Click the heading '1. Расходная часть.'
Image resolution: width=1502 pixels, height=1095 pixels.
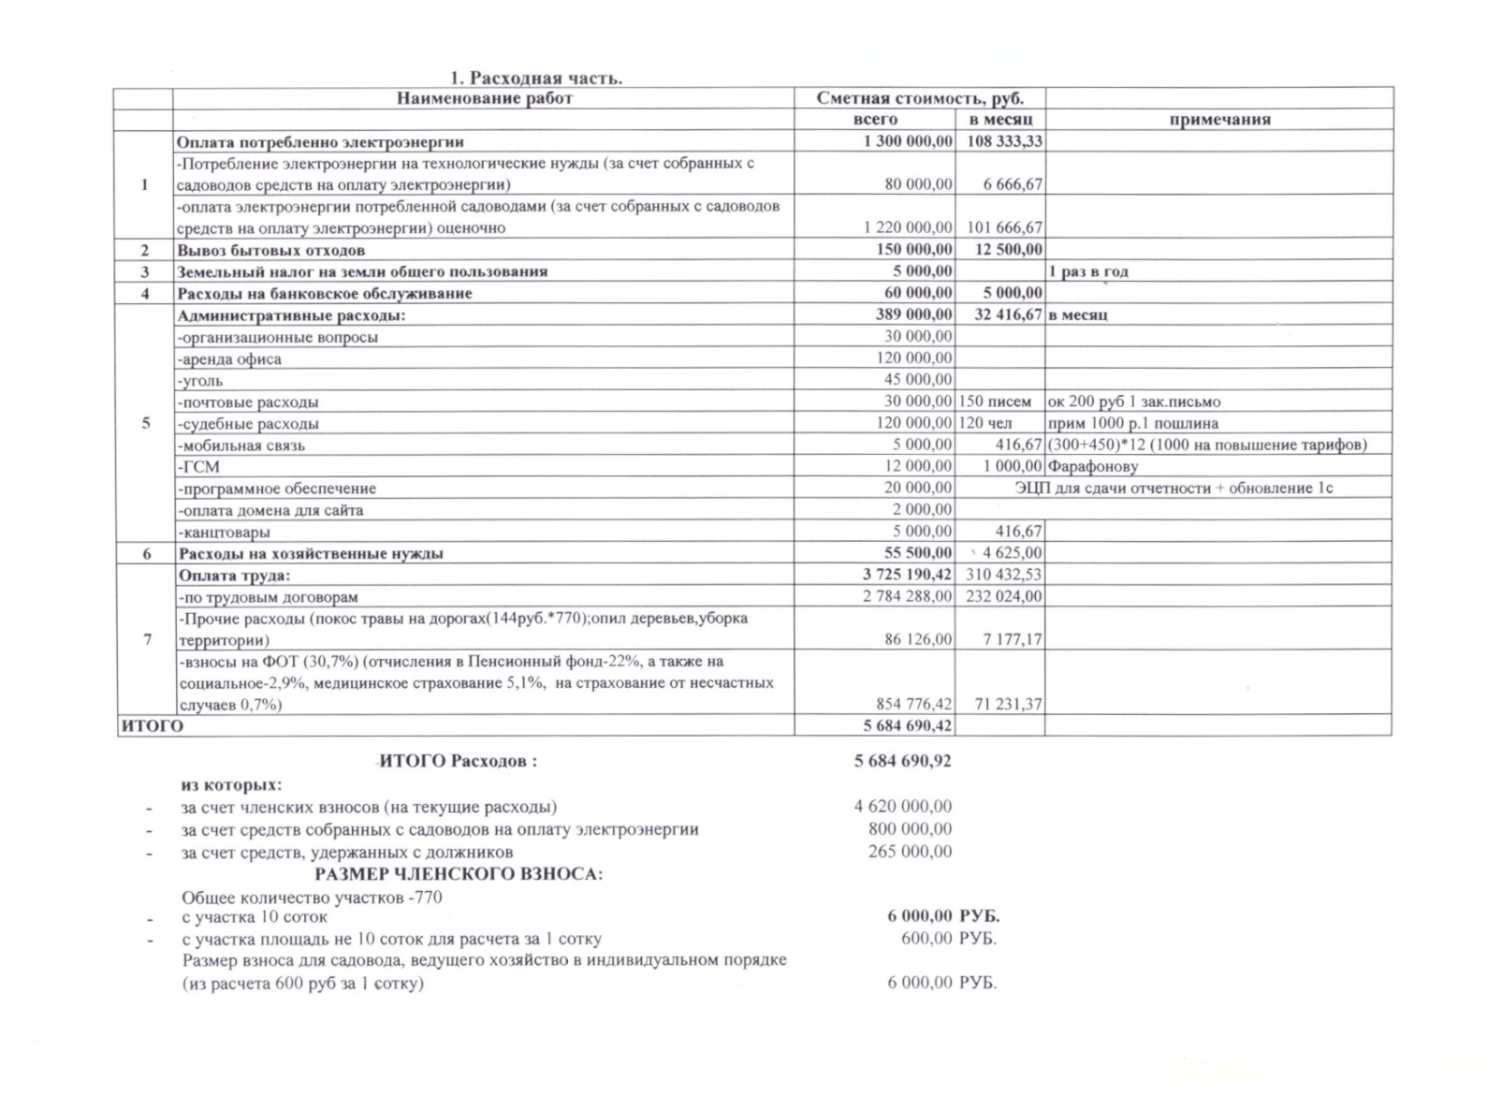(x=535, y=78)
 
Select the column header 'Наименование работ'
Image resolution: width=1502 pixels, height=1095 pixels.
(x=484, y=98)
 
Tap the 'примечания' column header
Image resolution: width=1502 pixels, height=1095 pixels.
(x=1218, y=120)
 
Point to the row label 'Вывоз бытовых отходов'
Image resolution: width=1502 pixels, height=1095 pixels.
(x=270, y=250)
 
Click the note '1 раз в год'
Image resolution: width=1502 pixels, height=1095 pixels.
(x=1088, y=271)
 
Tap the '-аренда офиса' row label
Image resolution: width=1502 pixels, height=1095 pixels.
(x=229, y=358)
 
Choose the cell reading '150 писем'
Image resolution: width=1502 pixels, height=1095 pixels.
(x=996, y=401)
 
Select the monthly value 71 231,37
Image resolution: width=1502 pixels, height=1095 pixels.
(x=1008, y=704)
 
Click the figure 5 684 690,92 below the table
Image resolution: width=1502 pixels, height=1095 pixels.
(x=902, y=761)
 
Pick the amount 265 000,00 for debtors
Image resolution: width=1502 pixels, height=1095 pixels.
(x=910, y=852)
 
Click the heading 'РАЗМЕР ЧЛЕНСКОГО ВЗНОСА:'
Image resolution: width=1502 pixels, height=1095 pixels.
(x=459, y=874)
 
